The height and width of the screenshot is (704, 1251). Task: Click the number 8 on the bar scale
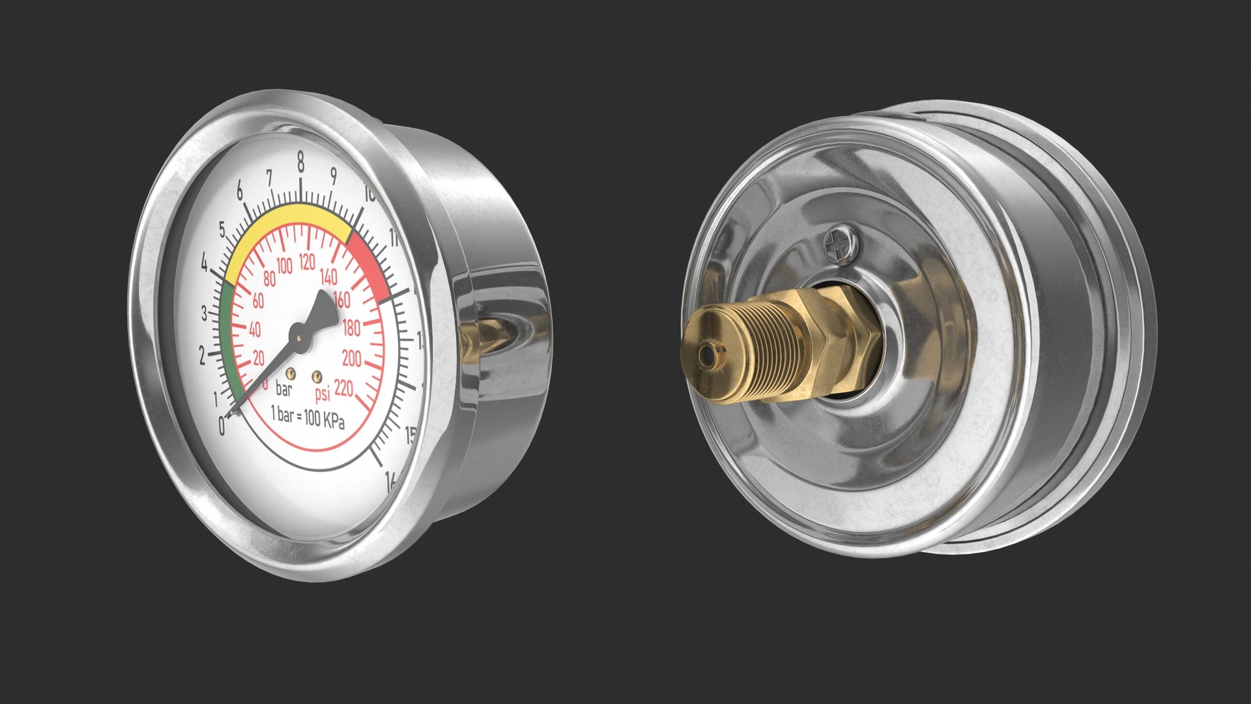pos(300,160)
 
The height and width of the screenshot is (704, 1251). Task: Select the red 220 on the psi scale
pos(343,389)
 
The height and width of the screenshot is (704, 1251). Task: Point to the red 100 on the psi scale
pos(285,266)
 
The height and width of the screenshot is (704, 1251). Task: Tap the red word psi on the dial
pos(323,393)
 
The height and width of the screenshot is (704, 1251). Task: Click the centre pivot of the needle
pos(299,337)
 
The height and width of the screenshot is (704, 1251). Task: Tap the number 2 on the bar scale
pos(202,356)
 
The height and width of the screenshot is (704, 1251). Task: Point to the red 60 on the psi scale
pos(258,302)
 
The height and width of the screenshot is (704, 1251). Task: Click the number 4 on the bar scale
pos(205,265)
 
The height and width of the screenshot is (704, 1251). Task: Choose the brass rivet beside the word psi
pos(317,376)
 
